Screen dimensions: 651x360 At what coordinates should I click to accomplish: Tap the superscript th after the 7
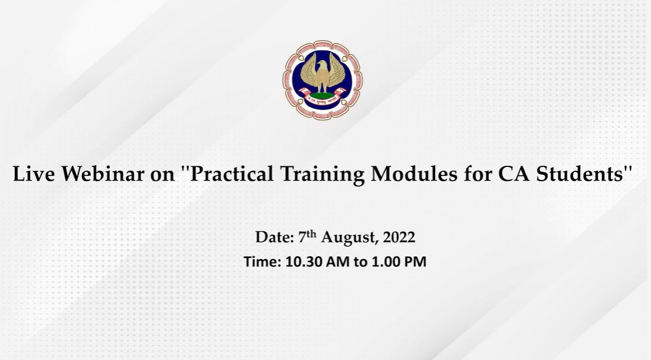312,234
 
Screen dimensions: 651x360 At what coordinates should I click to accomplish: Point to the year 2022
399,237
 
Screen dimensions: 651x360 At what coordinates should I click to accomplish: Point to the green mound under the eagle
322,96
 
